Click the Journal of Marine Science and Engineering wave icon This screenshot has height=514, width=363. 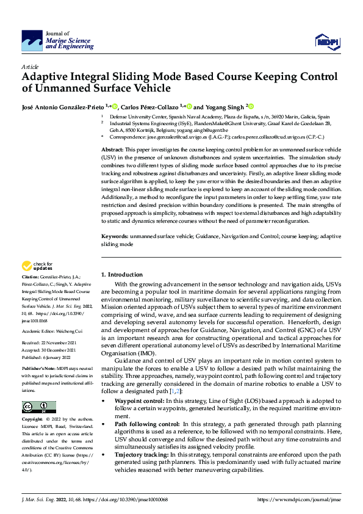(32, 40)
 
